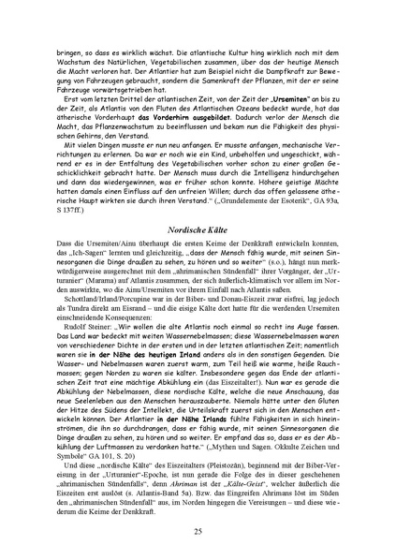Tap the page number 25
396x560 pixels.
point(198,531)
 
